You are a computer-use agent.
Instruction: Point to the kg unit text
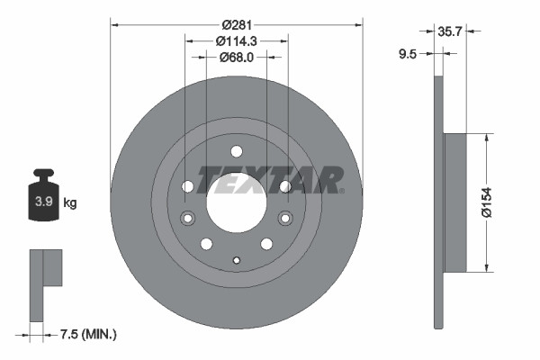click(x=70, y=202)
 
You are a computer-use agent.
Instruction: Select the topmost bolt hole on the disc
click(x=236, y=151)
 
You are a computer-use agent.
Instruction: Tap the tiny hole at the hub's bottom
click(x=236, y=261)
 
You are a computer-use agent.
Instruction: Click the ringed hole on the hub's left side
click(x=187, y=218)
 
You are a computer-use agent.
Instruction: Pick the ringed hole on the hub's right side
click(x=285, y=218)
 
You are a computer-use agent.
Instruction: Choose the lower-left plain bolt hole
click(x=206, y=244)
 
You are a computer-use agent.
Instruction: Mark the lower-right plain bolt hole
click(x=266, y=244)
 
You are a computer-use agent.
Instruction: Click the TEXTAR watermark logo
click(x=270, y=179)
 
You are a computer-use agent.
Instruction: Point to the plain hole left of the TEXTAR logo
click(x=187, y=186)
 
